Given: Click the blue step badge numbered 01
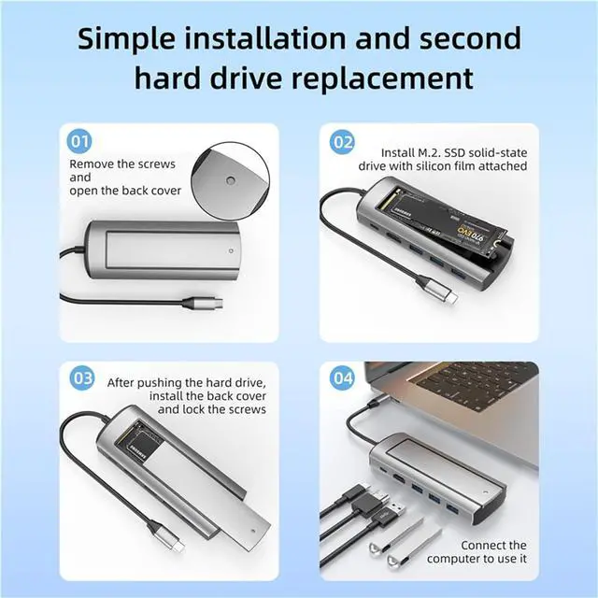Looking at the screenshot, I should click(81, 143).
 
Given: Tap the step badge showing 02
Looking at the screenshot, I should click(343, 143).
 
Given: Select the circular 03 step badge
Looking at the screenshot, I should click(82, 378).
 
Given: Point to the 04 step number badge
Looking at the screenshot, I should click(343, 379).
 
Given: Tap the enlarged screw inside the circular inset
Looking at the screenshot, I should click(231, 178).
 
